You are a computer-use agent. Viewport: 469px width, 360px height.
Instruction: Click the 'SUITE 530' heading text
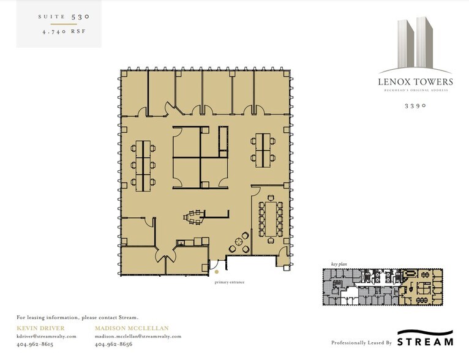pyautogui.click(x=59, y=17)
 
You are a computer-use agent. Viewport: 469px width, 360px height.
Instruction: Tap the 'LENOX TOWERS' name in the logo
pyautogui.click(x=415, y=81)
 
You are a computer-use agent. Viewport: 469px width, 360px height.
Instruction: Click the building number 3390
pyautogui.click(x=415, y=105)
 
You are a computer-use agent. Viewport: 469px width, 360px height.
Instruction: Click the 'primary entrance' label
pyautogui.click(x=230, y=282)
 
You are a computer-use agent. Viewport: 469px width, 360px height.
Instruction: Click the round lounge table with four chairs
pyautogui.click(x=239, y=242)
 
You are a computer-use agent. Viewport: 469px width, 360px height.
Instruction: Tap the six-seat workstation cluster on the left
pyautogui.click(x=144, y=163)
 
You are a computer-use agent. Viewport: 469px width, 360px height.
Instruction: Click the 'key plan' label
pyautogui.click(x=339, y=264)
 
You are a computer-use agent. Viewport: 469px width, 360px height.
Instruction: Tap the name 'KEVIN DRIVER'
pyautogui.click(x=40, y=329)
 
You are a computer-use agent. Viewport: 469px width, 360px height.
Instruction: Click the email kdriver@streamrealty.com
pyautogui.click(x=47, y=336)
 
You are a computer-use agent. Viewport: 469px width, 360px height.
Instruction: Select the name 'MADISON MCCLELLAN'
pyautogui.click(x=132, y=329)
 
